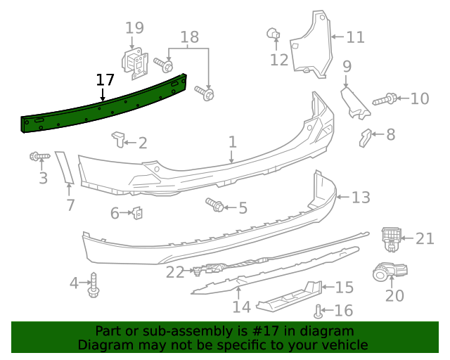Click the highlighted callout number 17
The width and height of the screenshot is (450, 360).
pyautogui.click(x=105, y=79)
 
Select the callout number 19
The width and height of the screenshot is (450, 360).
pyautogui.click(x=134, y=28)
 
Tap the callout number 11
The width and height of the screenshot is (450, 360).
pyautogui.click(x=355, y=37)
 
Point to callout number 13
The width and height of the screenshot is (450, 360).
pyautogui.click(x=360, y=198)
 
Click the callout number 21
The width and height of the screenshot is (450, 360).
pyautogui.click(x=425, y=239)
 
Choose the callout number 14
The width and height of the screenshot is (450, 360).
pyautogui.click(x=241, y=307)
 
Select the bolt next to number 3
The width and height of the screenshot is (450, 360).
pyautogui.click(x=38, y=155)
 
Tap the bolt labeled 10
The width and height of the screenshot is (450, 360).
pyautogui.click(x=385, y=100)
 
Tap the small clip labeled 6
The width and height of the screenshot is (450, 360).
pyautogui.click(x=139, y=212)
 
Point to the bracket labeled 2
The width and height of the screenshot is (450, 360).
pyautogui.click(x=118, y=139)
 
